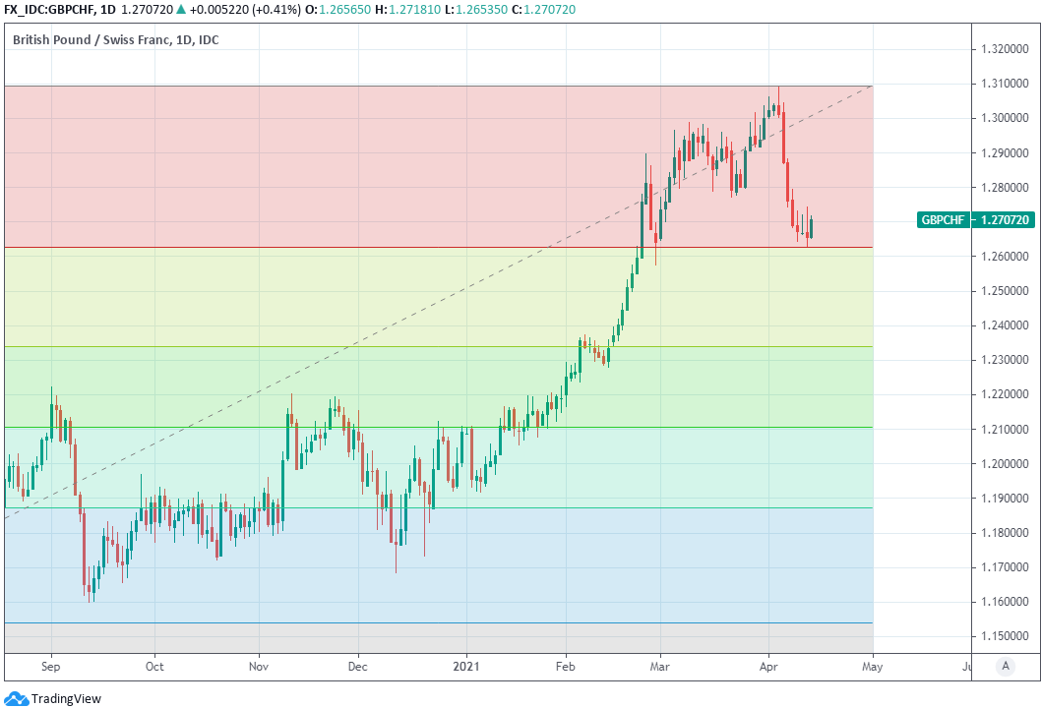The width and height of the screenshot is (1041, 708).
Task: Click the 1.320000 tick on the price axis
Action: pos(1004,49)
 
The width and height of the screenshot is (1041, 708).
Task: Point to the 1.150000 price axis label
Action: pos(1004,636)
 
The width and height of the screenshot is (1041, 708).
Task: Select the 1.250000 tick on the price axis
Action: pos(1004,291)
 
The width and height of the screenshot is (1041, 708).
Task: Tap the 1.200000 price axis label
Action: pos(1004,464)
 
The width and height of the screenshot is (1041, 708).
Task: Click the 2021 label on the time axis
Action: pos(465,666)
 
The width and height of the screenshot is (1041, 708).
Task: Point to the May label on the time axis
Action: pos(873,666)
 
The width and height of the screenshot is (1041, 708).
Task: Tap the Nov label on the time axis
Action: pos(259,666)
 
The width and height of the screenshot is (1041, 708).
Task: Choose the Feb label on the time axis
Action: pos(566,666)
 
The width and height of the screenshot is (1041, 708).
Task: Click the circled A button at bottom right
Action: pos(1005,666)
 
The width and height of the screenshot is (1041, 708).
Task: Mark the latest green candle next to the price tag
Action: pos(812,227)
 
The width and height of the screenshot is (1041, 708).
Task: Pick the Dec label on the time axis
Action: pos(358,666)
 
